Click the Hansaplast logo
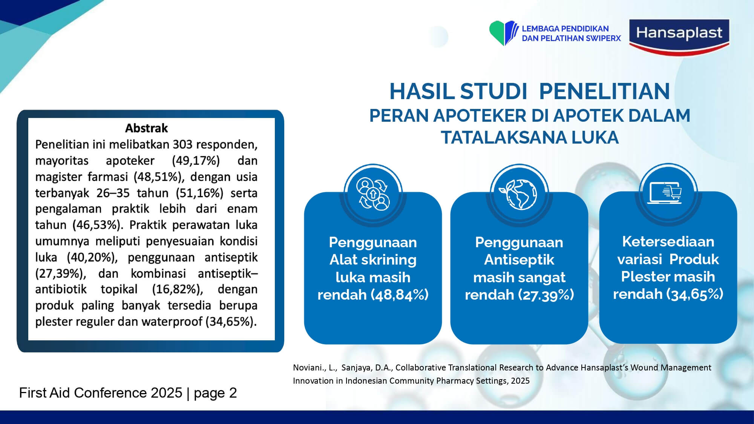tap(679, 37)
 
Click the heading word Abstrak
tap(146, 128)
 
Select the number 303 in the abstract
tap(182, 144)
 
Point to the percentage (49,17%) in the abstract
tap(196, 161)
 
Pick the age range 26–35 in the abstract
tap(113, 193)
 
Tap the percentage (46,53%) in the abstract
tap(98, 225)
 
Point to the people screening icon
tap(373, 194)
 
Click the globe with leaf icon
tap(519, 194)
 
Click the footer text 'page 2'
tap(215, 393)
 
